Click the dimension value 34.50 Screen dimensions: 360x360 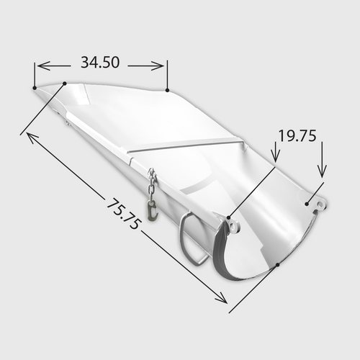tap(100, 63)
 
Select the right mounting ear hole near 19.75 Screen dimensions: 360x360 tap(320, 206)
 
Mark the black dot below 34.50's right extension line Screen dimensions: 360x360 tap(167, 91)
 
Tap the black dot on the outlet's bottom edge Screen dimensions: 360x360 tap(278, 264)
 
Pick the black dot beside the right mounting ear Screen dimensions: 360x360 tap(307, 204)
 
